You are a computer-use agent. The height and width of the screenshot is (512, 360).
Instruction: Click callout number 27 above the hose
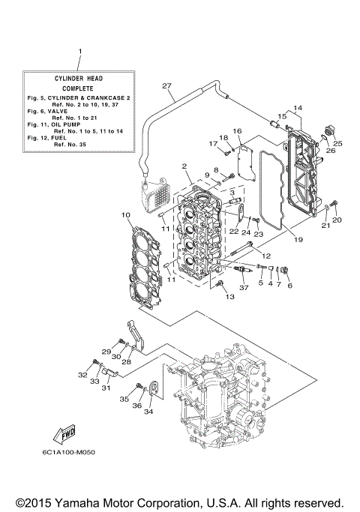point(166,86)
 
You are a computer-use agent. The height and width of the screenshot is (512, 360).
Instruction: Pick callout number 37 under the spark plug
point(243,288)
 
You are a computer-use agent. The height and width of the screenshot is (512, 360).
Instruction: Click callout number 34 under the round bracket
point(148,412)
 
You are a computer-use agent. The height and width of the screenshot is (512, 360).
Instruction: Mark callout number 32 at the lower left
point(82,374)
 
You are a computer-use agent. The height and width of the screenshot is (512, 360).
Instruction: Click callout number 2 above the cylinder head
point(183,166)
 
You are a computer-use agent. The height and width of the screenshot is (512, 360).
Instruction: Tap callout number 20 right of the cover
point(337,220)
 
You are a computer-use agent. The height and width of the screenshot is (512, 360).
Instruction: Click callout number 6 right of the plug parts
point(289,285)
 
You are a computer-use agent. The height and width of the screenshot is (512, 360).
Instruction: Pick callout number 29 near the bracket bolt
point(106,352)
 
